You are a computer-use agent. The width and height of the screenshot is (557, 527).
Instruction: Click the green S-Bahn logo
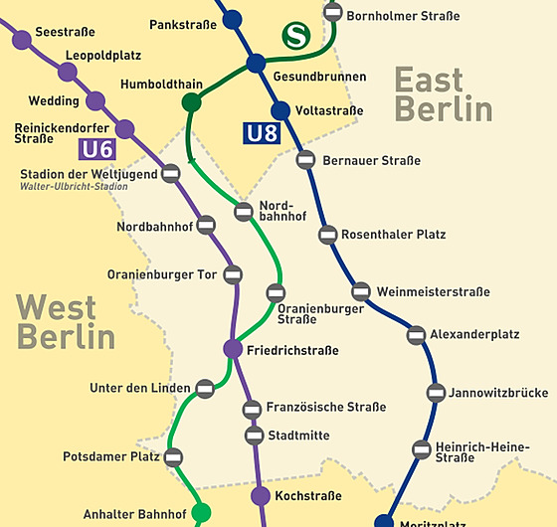coord(294,37)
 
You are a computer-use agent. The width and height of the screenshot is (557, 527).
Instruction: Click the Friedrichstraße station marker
coord(233,349)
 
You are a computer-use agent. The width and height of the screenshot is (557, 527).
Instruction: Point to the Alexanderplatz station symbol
coord(417,335)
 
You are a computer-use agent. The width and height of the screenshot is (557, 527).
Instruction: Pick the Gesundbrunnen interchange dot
coord(256,64)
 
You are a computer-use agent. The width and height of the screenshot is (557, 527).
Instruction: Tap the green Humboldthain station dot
coord(192,102)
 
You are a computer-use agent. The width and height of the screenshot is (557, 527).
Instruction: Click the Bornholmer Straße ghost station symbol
coord(334,13)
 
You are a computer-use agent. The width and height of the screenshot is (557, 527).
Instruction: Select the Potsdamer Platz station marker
coord(174,457)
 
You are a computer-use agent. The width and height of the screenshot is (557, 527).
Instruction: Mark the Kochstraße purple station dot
coord(261,495)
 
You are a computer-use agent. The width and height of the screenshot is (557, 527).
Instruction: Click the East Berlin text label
coord(443,93)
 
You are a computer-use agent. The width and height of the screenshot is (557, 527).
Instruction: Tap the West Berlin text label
coord(66,321)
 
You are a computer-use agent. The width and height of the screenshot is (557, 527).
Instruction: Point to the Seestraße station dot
coord(22,40)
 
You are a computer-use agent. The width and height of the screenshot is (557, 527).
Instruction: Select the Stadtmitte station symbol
coord(254,435)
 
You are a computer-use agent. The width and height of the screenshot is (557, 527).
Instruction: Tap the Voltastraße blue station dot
coord(279,110)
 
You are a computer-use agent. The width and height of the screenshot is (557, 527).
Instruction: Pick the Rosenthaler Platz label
coord(394,235)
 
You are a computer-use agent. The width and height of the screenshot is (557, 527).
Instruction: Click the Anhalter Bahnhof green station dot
coord(201,513)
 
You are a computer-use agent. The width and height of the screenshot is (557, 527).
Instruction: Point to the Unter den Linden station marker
coord(205,388)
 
